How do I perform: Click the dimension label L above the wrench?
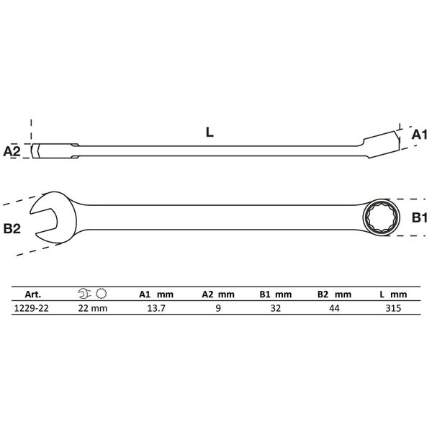210,132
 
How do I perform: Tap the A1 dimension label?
419,135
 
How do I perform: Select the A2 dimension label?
12,151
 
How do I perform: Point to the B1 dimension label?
419,217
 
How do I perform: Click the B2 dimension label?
12,229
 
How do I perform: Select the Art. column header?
33,294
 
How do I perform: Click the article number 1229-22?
31,308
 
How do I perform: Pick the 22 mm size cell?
93,308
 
